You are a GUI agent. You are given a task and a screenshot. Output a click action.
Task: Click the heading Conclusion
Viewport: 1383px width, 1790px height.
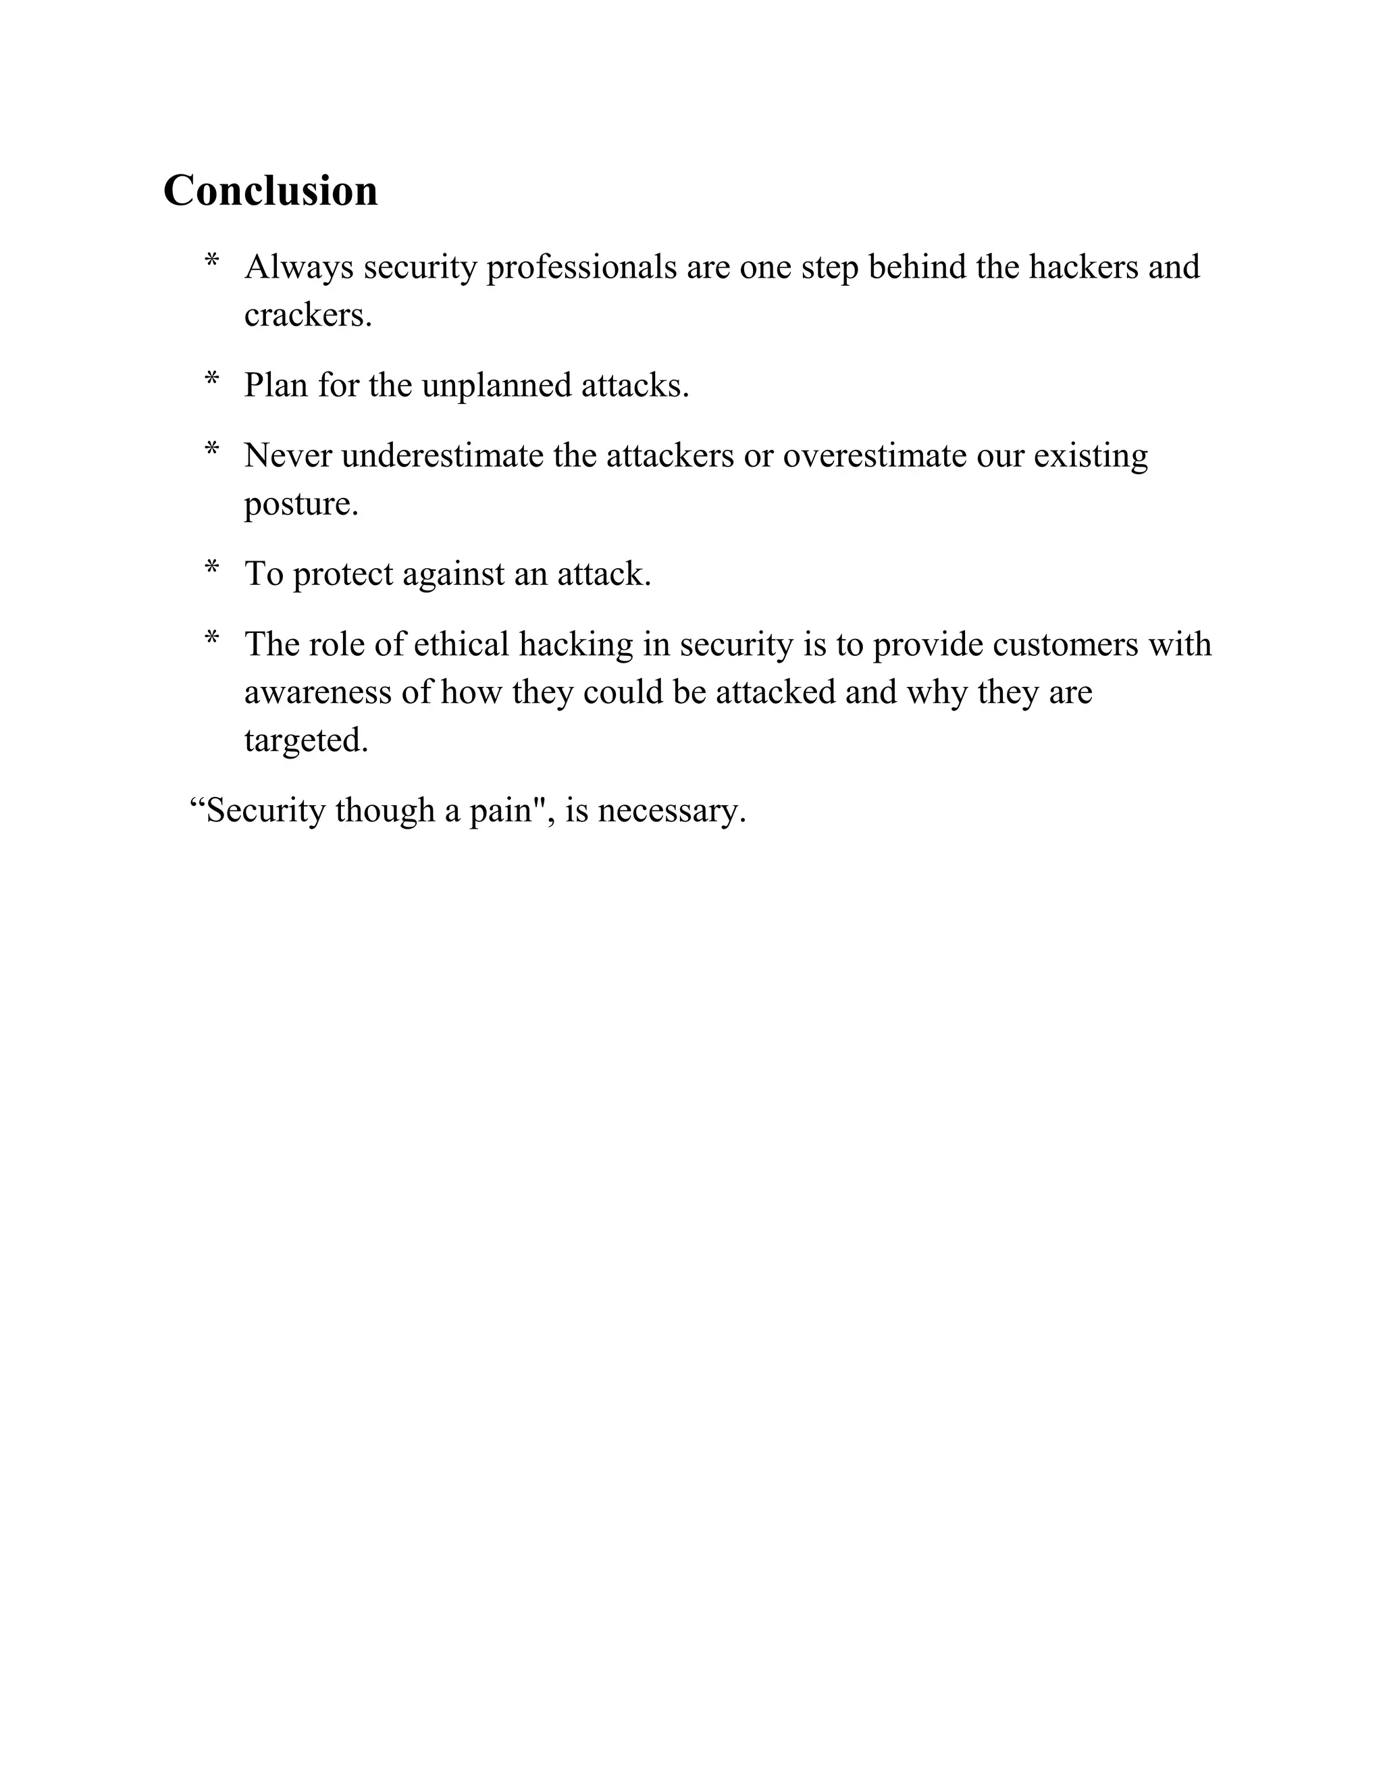click(270, 191)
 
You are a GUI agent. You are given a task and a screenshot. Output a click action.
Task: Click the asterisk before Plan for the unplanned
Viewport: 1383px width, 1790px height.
click(212, 380)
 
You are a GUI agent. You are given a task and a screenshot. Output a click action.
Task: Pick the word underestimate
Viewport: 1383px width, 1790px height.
click(442, 456)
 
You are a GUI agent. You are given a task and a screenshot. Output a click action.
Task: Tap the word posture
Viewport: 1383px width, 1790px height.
click(301, 504)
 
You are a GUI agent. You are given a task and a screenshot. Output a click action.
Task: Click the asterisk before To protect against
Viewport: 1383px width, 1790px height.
click(212, 569)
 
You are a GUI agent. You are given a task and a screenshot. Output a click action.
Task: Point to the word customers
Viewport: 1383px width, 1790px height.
click(1065, 644)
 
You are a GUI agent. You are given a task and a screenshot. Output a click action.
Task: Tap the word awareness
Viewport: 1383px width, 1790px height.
click(318, 692)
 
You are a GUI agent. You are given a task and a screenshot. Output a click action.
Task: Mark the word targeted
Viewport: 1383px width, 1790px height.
click(306, 741)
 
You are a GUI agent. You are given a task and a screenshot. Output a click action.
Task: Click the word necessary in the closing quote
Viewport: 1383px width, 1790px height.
click(671, 811)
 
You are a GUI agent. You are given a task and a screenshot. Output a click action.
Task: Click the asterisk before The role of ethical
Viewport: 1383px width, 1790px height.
click(212, 639)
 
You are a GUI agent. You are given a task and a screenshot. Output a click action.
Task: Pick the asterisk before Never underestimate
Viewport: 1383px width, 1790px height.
click(212, 451)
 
